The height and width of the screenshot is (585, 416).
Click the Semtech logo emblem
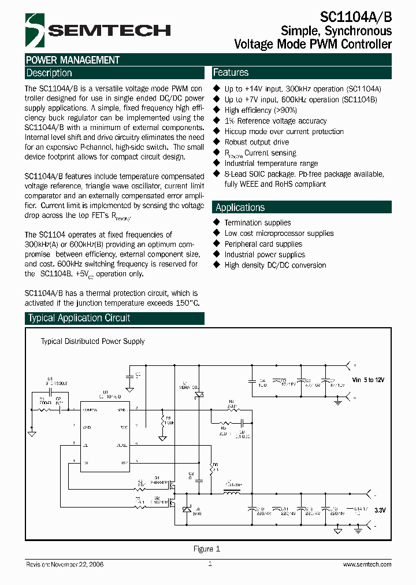coord(34,29)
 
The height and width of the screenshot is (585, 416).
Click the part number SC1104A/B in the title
coord(355,17)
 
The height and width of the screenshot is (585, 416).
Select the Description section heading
coord(50,73)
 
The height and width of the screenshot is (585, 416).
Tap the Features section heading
coord(231,73)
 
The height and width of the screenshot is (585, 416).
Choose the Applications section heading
coord(240,208)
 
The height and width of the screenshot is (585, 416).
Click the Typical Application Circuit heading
coord(79,318)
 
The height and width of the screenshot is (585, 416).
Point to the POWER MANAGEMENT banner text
coord(73,60)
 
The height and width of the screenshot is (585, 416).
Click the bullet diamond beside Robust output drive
coord(217,142)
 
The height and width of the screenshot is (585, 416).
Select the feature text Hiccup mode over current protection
coord(284,131)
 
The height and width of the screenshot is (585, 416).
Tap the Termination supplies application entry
coord(258,223)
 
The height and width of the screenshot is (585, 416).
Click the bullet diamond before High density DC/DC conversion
coord(217,265)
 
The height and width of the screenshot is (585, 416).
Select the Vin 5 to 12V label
coord(367,379)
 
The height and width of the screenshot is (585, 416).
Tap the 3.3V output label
coord(380,511)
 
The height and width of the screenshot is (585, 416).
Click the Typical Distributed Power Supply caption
coord(92,342)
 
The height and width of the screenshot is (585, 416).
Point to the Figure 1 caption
coord(207,549)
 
